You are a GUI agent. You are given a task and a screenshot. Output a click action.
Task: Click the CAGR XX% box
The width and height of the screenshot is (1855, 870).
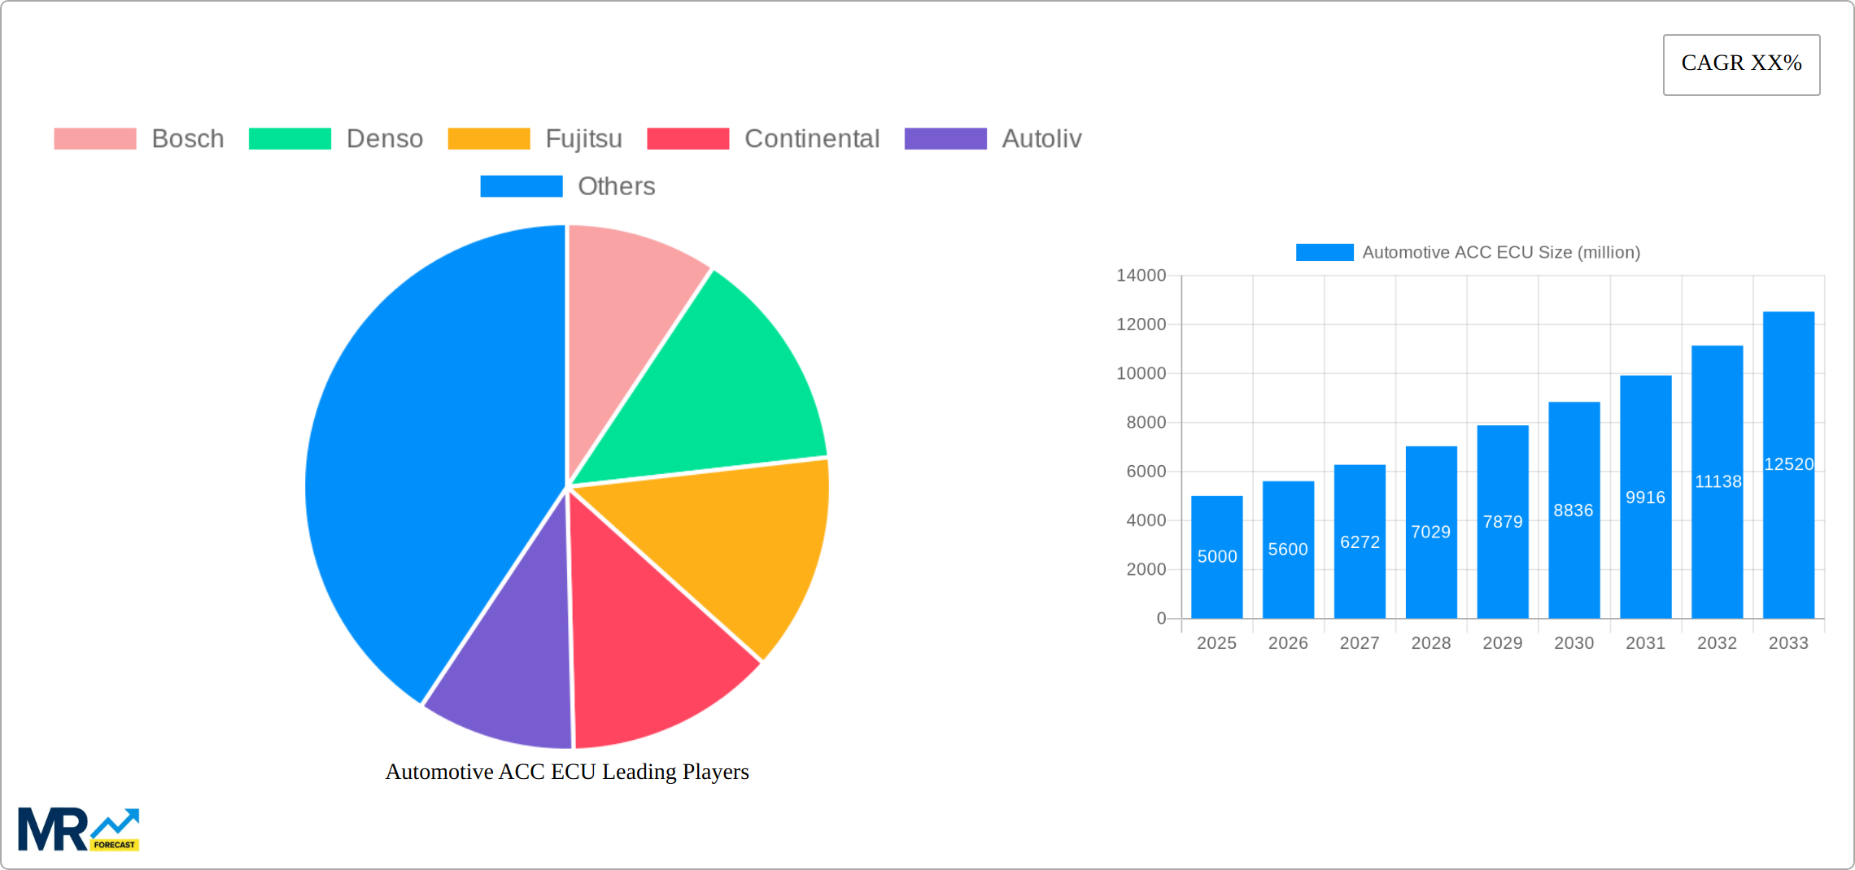click(x=1741, y=64)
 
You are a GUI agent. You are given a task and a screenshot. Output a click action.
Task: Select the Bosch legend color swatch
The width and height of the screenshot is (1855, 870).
click(x=94, y=139)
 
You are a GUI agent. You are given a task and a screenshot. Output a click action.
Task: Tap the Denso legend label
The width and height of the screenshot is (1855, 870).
click(x=384, y=139)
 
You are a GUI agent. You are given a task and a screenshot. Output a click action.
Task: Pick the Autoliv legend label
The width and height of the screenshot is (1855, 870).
click(x=1041, y=139)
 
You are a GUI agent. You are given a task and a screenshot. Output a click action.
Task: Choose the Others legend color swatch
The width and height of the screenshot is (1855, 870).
click(x=521, y=186)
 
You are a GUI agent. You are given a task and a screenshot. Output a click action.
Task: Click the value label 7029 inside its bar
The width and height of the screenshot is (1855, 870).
click(x=1430, y=532)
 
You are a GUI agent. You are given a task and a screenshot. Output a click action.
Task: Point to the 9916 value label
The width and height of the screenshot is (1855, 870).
click(x=1645, y=498)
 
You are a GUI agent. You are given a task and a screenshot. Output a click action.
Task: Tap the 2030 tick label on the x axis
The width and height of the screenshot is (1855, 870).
click(x=1573, y=643)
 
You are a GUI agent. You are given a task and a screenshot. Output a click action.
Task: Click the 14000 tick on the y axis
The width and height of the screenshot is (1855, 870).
click(x=1141, y=276)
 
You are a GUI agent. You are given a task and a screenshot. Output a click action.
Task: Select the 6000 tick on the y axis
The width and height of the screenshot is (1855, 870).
click(x=1146, y=472)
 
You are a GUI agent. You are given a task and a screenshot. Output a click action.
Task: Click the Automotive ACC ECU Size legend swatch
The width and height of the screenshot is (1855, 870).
click(x=1325, y=253)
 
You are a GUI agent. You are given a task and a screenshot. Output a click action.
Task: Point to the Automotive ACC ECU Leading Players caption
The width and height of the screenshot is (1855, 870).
click(x=567, y=772)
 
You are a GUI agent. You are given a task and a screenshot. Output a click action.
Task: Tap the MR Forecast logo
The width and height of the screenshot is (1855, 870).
click(x=78, y=829)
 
